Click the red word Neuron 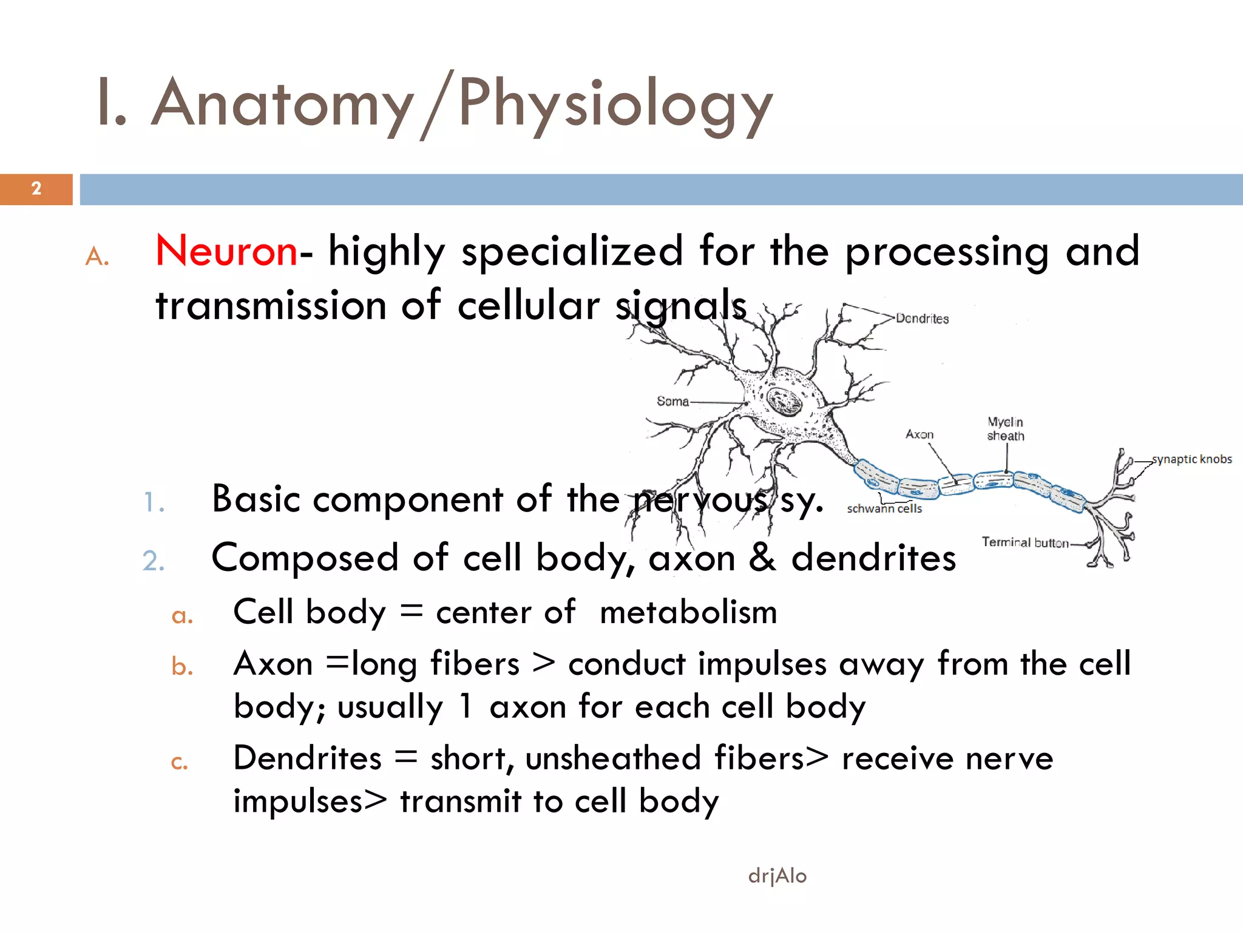[x=226, y=251]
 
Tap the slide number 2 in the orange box [x=36, y=189]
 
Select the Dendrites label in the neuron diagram [x=922, y=319]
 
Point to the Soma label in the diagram [x=672, y=401]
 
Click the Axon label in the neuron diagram [x=919, y=434]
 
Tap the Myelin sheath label [x=1005, y=428]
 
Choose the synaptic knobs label [x=1192, y=459]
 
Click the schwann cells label [x=884, y=508]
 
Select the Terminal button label [x=1025, y=542]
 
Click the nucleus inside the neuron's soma [x=784, y=401]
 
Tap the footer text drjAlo [x=777, y=876]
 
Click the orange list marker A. [x=97, y=257]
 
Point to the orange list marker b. [x=182, y=666]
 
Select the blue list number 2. [x=153, y=560]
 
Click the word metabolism [x=688, y=612]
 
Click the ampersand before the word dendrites [x=762, y=558]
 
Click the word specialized [x=572, y=251]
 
